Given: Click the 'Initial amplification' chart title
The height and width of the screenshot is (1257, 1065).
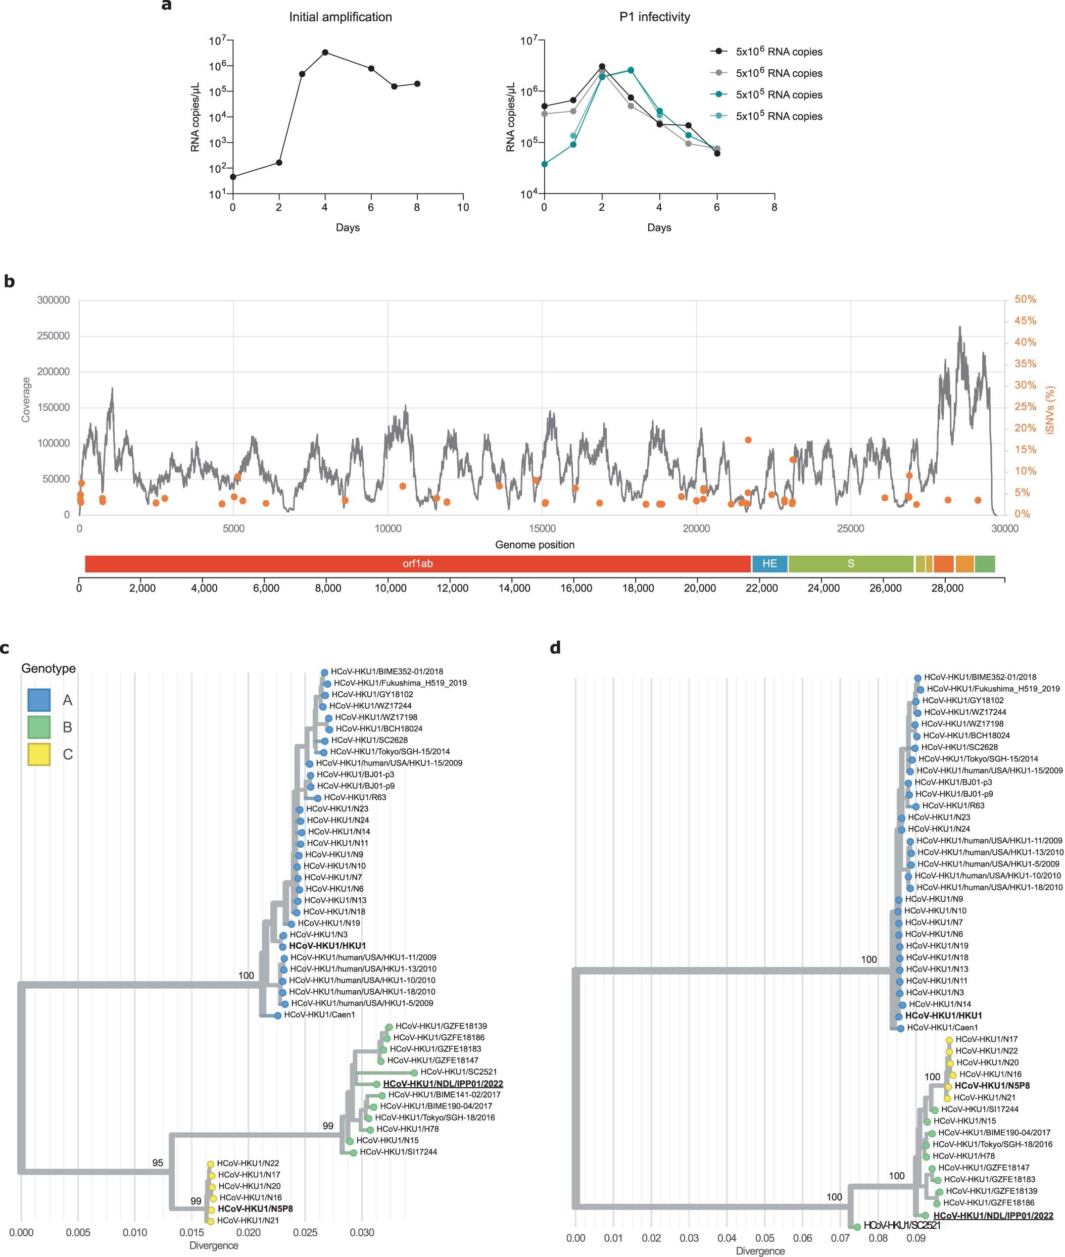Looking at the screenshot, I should coord(340,17).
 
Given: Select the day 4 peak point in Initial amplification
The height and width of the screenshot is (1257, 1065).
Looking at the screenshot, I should coord(325,53).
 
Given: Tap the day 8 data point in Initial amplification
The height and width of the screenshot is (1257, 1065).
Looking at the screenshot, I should coord(417,84).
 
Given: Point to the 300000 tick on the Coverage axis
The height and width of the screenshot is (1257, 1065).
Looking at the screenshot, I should coord(53,300).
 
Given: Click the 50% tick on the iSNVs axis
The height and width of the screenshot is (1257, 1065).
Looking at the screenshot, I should coord(1025,300).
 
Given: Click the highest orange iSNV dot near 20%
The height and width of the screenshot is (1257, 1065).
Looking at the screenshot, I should coord(748,440).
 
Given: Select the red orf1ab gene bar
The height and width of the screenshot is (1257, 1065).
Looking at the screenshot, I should coord(418,563).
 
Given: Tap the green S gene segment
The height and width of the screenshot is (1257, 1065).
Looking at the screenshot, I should coord(850,563).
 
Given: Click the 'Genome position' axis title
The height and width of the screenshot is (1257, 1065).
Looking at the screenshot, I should coord(535,545).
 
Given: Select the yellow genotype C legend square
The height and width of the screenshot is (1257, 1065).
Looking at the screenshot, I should coord(38,754).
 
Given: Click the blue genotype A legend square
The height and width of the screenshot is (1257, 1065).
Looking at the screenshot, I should coord(38,700).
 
